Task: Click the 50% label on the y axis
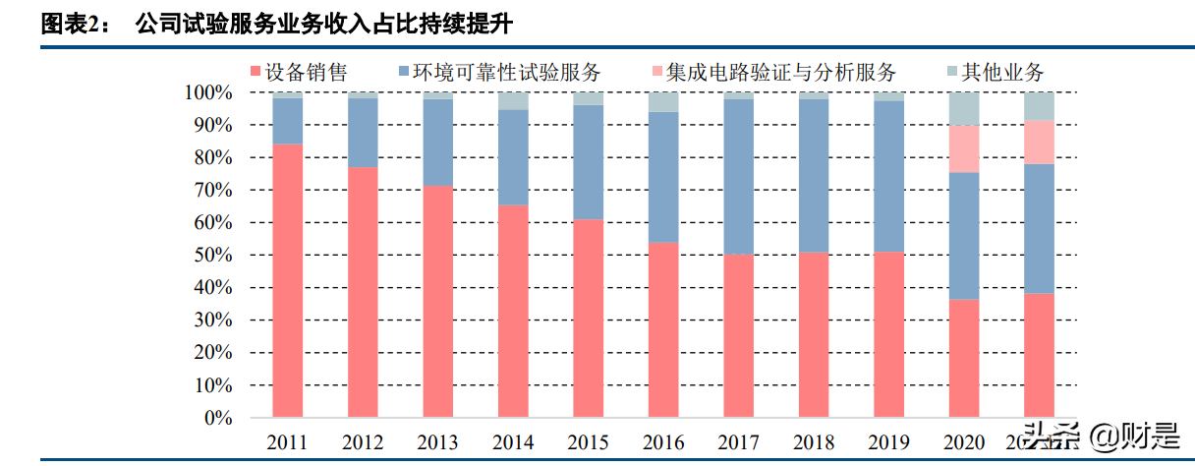(x=212, y=256)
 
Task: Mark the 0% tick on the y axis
(x=217, y=418)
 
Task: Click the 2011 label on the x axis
(x=287, y=443)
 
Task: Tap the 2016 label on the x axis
(x=663, y=443)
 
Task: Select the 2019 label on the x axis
(x=888, y=443)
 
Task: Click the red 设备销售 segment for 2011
(x=287, y=281)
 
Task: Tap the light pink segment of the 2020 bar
(x=964, y=148)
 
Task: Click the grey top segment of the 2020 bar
(x=964, y=109)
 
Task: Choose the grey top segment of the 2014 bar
(x=513, y=101)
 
